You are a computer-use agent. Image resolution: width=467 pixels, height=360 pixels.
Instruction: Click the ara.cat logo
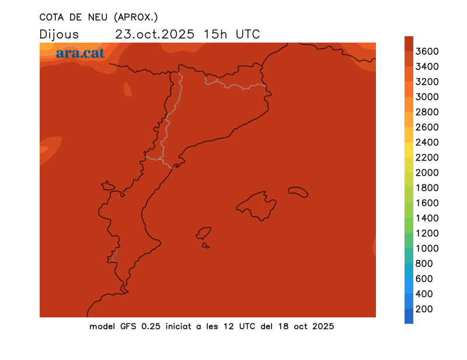pos(80,53)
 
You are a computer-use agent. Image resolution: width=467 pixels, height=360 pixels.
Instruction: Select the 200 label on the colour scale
pos(424,309)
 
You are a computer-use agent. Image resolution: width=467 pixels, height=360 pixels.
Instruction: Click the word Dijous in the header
pos(59,34)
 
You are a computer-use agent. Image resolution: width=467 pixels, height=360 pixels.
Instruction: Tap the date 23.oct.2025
pos(155,34)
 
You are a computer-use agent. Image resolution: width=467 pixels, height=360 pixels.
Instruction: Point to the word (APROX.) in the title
pos(136,16)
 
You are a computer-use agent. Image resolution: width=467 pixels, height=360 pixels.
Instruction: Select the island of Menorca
pos(298,191)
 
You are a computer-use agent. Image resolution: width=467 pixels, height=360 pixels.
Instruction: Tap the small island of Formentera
pos(205,246)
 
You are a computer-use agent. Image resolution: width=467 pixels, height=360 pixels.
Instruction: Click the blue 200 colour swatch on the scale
pos(409,316)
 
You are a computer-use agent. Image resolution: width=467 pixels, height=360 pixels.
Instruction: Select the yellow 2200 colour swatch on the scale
pos(409,158)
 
